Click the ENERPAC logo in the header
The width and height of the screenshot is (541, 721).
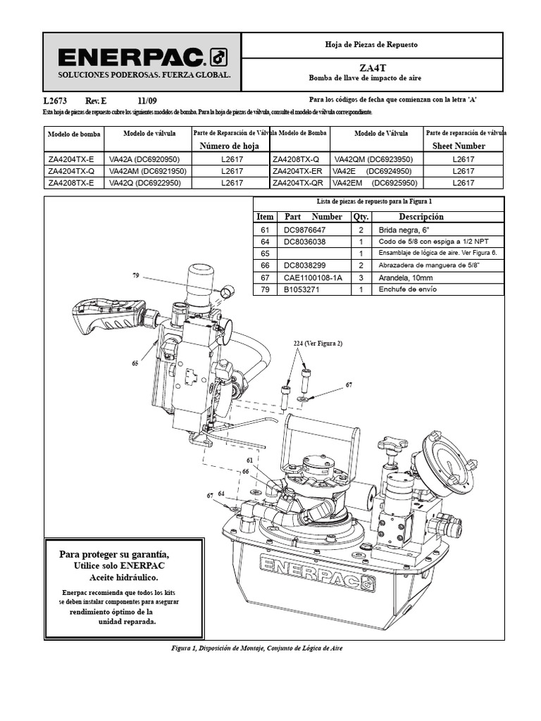pos(142,58)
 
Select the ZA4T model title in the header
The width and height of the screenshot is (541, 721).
pos(372,68)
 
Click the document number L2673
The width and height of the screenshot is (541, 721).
pos(55,101)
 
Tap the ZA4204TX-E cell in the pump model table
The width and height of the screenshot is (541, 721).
pos(71,159)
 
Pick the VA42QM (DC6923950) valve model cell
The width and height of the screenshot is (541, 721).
pos(373,159)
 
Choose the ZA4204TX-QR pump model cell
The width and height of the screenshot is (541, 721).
pos(298,182)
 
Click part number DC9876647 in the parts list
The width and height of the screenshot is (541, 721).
pos(304,230)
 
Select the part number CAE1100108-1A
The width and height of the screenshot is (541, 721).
pos(313,277)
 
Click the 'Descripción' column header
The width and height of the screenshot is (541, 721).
pos(421,217)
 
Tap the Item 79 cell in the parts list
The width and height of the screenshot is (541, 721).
pos(265,289)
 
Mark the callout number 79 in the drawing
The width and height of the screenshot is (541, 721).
pos(136,275)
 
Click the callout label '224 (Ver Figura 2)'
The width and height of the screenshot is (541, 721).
pos(318,344)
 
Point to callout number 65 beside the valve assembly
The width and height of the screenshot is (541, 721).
pos(135,363)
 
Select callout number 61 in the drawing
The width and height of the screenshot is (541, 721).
pos(250,460)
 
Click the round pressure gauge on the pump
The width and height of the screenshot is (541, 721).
pos(444,460)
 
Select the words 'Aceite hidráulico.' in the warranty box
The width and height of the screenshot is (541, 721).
pos(123,577)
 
